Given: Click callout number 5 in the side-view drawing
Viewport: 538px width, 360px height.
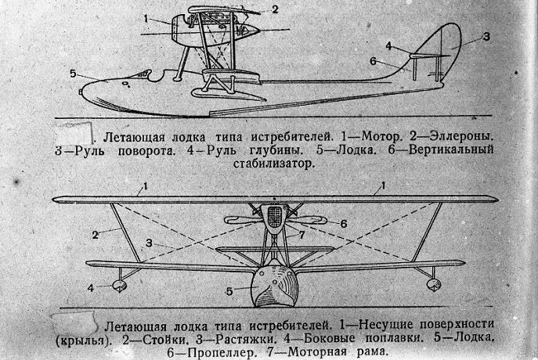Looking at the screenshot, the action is (73, 74).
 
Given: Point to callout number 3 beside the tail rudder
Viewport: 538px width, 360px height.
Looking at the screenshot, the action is (486, 37).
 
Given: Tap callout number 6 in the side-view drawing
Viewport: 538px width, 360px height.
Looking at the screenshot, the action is (373, 62).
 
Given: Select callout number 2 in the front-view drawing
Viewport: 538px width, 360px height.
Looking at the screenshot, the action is (95, 236).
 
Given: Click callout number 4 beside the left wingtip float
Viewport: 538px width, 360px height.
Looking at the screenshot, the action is (91, 288).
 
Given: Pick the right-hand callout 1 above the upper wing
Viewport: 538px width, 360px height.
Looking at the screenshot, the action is (383, 185).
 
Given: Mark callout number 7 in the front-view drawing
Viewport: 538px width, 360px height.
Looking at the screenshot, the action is (301, 236).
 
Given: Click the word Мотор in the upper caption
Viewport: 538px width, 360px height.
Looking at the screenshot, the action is (381, 137).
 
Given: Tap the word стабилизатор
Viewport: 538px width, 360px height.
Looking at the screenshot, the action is (274, 164).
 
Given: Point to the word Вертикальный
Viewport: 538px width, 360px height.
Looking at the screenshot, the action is (452, 149).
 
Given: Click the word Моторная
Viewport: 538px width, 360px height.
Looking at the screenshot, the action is (316, 351).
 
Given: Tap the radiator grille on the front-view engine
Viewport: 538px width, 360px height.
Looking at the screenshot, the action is (274, 217).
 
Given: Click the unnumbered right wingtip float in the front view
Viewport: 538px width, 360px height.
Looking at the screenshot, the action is (434, 284).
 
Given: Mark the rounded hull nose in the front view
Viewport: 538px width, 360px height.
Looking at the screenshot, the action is (273, 286).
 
